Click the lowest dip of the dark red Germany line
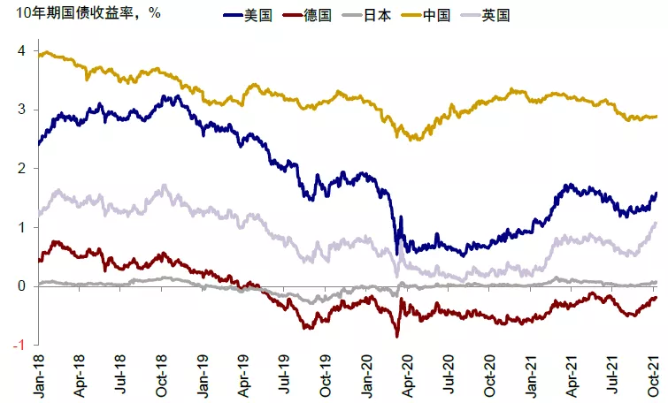(x=396, y=337)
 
